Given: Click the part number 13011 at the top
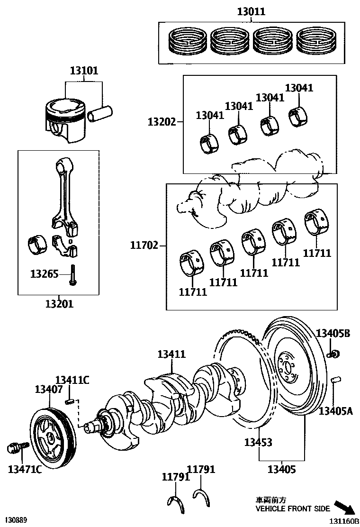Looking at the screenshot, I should pyautogui.click(x=251, y=12).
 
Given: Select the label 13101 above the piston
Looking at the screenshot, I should pyautogui.click(x=84, y=71).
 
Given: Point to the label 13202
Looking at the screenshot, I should pyautogui.click(x=162, y=122).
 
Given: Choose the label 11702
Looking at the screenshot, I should pyautogui.click(x=144, y=245).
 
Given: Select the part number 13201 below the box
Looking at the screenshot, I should pyautogui.click(x=59, y=304).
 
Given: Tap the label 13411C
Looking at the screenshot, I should pyautogui.click(x=72, y=380).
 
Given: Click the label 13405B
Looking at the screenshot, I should pyautogui.click(x=333, y=334).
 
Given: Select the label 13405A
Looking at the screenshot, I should pyautogui.click(x=335, y=411).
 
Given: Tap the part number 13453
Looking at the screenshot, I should pyautogui.click(x=258, y=442).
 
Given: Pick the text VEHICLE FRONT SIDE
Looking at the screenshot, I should pyautogui.click(x=293, y=509).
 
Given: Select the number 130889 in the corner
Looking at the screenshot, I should pyautogui.click(x=16, y=520).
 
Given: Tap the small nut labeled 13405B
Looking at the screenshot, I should pyautogui.click(x=334, y=353).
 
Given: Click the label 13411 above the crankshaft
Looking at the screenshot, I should pyautogui.click(x=171, y=354).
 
